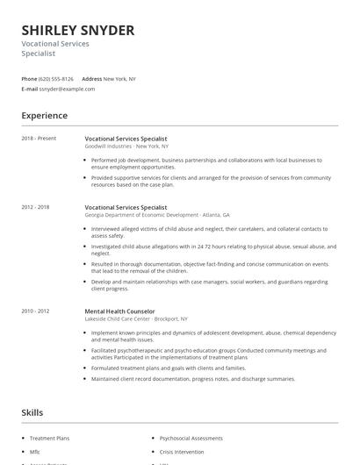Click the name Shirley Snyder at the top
click(78, 31)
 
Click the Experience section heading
click(44, 115)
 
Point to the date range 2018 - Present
click(39, 139)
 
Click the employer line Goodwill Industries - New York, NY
click(126, 146)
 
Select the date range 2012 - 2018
click(37, 207)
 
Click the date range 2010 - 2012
click(37, 311)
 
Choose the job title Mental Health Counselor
click(119, 311)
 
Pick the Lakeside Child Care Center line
click(135, 318)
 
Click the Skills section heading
click(33, 411)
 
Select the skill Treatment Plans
click(49, 436)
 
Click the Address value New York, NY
click(119, 78)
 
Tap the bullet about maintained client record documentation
click(193, 378)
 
